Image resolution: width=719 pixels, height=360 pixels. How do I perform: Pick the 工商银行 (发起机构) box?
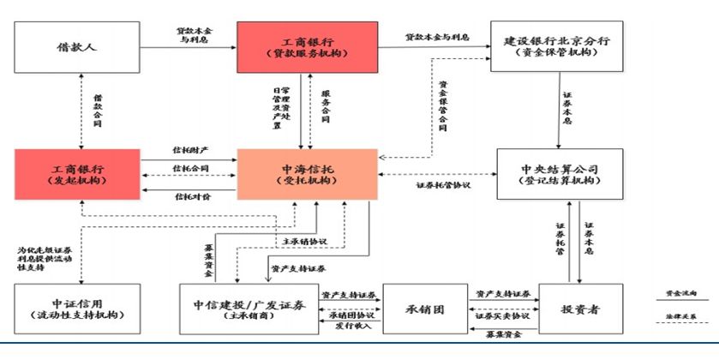click(78, 173)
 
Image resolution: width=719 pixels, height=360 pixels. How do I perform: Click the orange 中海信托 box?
click(307, 175)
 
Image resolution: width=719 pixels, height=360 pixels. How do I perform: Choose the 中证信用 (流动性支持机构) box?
click(78, 309)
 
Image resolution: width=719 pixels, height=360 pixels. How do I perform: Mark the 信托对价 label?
click(191, 196)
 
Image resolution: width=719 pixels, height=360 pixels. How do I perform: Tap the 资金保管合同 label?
click(443, 106)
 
